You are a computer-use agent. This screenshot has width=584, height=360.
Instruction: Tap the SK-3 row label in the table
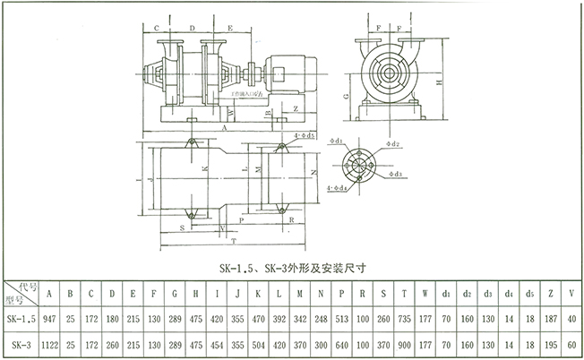21,344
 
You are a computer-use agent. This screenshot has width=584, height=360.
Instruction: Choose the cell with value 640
340,344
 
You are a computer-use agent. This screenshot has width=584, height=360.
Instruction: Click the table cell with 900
404,344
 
